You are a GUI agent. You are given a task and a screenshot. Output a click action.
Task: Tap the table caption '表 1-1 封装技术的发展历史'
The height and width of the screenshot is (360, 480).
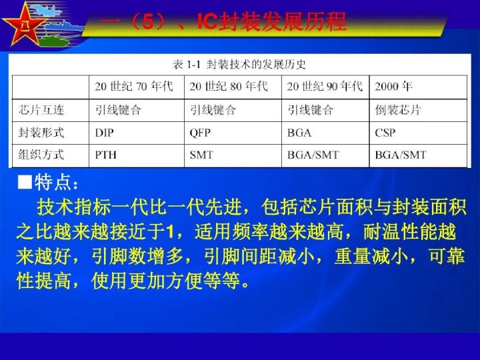[x=240, y=65]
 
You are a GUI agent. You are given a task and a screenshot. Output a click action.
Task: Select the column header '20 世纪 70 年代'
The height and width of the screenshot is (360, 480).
[x=133, y=87]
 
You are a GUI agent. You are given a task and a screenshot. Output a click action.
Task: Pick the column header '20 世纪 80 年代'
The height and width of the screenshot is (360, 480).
[x=229, y=87]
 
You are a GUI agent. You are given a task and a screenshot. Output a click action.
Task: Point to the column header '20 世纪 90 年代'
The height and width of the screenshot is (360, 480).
[x=325, y=87]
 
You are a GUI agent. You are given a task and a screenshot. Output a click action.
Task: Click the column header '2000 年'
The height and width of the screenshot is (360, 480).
[x=394, y=87]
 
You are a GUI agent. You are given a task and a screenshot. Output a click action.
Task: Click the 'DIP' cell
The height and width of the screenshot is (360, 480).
[x=105, y=133]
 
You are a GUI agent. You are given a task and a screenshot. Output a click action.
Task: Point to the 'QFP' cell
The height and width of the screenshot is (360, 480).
[x=200, y=133]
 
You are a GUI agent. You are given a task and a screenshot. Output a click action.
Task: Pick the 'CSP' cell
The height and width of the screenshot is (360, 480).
[x=385, y=133]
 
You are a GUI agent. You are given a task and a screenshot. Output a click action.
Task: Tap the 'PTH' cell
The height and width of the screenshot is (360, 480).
[x=105, y=155]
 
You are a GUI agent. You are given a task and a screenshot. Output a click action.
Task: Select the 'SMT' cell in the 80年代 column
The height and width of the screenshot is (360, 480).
[x=201, y=155]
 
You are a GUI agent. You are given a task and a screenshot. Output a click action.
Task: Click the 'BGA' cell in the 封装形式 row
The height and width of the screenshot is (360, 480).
[x=299, y=133]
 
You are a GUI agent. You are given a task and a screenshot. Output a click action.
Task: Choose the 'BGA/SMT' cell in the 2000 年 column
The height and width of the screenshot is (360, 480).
[x=401, y=155]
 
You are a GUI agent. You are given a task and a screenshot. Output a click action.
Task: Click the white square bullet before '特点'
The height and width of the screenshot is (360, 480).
[x=25, y=183]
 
